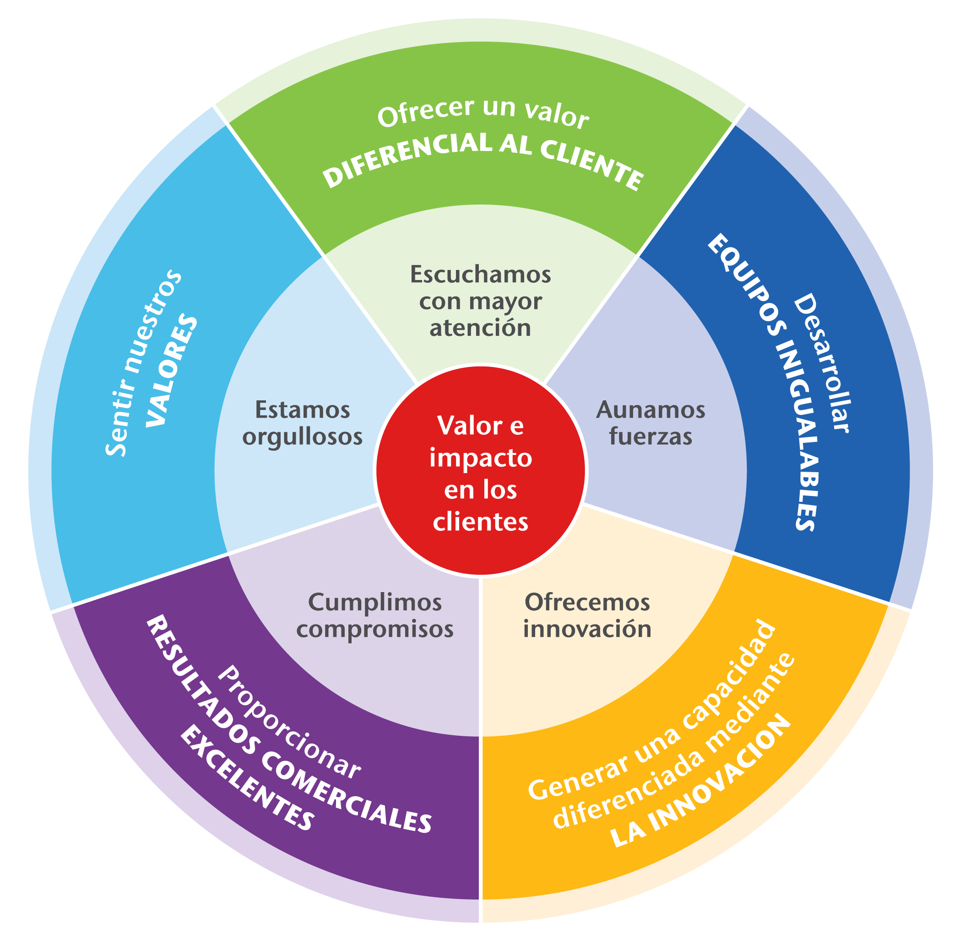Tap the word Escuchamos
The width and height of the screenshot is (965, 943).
tap(480, 275)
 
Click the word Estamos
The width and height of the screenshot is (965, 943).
tap(302, 410)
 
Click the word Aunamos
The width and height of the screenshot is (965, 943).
tap(650, 410)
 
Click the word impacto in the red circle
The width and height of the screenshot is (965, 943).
tap(480, 458)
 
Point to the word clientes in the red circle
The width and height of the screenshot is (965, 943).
tap(480, 523)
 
